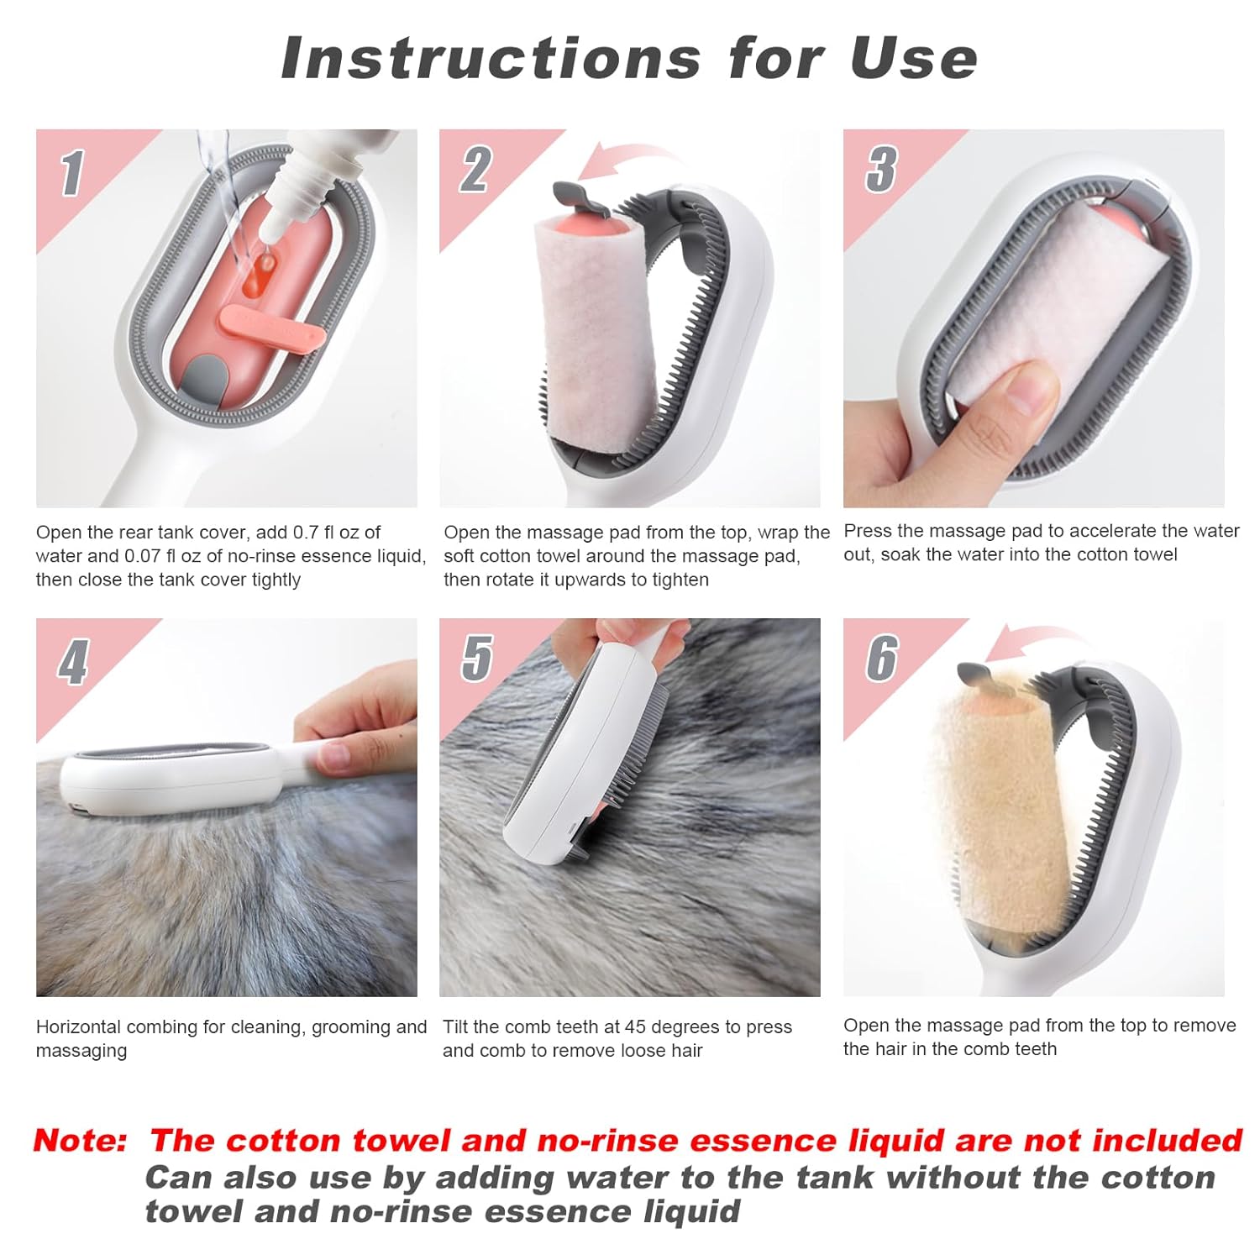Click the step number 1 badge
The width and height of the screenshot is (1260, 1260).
click(72, 173)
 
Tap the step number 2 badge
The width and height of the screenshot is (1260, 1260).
click(475, 170)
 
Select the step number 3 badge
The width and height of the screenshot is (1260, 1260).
click(881, 169)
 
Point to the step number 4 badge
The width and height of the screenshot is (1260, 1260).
click(73, 662)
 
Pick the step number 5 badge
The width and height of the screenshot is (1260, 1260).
click(477, 658)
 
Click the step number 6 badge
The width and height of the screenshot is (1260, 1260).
click(882, 658)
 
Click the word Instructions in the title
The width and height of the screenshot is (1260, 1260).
click(491, 58)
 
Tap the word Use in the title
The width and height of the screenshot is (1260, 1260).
click(913, 58)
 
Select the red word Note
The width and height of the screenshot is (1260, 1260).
click(80, 1140)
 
